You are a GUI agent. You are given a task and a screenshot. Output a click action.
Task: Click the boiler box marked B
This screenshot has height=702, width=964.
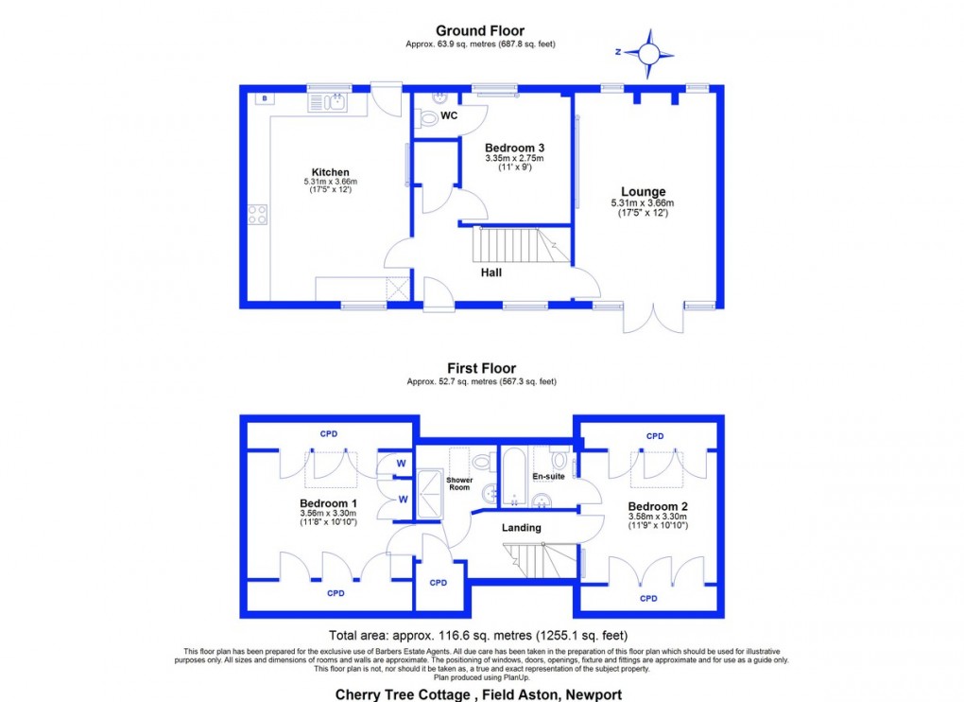coord(264,98)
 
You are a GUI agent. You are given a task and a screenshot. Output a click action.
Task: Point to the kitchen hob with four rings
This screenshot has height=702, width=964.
coord(257,214)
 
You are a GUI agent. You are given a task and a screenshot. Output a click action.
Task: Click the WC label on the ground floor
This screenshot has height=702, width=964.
coord(449,116)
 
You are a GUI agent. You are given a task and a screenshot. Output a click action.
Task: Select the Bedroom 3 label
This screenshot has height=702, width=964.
coord(514,149)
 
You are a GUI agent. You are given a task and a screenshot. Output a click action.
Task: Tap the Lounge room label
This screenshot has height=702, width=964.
coord(643,192)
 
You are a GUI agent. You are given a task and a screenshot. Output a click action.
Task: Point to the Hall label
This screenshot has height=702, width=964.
coord(491,272)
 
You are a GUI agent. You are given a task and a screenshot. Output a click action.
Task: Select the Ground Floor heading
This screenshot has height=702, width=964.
coord(480,31)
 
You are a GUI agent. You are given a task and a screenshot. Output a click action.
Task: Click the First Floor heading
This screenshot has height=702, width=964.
coord(481,368)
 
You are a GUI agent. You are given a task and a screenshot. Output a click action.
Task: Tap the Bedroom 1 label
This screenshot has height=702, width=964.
coord(328,503)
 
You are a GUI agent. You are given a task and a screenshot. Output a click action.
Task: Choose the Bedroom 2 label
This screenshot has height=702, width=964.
coord(658,507)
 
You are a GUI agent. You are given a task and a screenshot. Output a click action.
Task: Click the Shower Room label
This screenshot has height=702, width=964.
coord(459,483)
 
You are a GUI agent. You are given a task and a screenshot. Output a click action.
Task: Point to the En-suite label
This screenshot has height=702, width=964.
coord(549,476)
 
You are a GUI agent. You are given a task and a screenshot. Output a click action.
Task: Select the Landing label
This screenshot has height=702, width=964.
coord(521,528)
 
